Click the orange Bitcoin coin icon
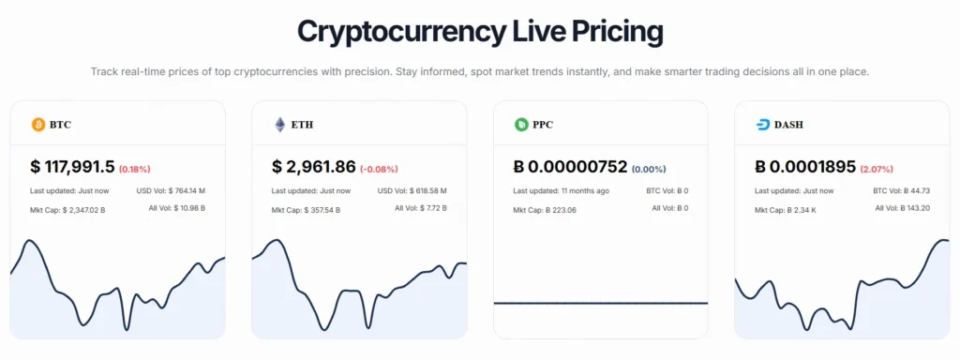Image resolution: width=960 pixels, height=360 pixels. (x=38, y=124)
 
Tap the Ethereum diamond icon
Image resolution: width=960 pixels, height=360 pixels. (x=279, y=124)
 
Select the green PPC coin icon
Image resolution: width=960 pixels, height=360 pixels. (x=521, y=124)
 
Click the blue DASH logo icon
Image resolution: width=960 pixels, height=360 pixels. (x=763, y=124)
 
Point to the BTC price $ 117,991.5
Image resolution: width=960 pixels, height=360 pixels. (x=72, y=167)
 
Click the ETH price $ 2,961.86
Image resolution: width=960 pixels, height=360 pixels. (x=314, y=167)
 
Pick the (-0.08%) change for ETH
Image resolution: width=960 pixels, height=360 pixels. (x=379, y=170)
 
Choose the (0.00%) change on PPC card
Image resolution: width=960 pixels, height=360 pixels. (x=649, y=170)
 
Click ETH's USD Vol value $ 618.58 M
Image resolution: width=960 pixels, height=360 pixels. (x=423, y=190)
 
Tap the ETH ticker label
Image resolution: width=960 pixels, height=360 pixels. (x=303, y=124)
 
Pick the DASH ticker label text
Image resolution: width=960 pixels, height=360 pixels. (x=789, y=124)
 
